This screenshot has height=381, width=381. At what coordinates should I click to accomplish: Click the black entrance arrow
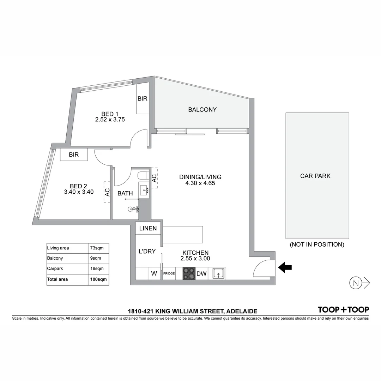coord(285,268)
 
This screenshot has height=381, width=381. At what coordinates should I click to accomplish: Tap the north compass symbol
coord(356,283)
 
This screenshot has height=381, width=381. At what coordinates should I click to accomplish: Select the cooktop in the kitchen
coord(189,273)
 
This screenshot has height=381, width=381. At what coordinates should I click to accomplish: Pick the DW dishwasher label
coord(201,273)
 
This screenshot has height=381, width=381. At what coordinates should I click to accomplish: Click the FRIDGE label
coord(169,273)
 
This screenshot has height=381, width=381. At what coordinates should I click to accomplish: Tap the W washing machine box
coord(154,273)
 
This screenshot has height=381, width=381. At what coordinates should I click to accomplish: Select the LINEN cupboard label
coord(148,228)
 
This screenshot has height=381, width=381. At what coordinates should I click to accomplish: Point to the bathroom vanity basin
coord(144,190)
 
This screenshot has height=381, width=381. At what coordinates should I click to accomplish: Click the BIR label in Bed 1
coord(143,99)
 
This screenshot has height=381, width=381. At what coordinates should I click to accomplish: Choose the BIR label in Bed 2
coord(74,155)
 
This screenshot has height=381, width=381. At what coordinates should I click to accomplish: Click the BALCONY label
coord(202,110)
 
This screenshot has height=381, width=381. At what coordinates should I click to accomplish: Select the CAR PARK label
coord(315,176)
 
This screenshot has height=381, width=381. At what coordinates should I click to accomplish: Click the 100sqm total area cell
coord(98,279)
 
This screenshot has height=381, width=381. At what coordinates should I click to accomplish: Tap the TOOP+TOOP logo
coord(343,310)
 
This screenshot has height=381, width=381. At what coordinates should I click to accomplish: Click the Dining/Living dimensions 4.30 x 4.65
coord(200,183)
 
